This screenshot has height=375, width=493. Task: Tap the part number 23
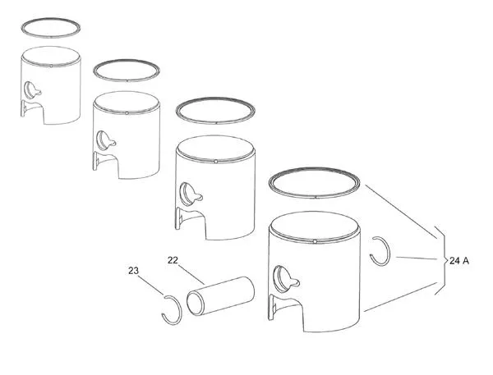pyautogui.click(x=133, y=270)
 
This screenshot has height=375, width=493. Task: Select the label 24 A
pyautogui.click(x=460, y=260)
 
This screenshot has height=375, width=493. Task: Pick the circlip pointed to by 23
pyautogui.click(x=169, y=307)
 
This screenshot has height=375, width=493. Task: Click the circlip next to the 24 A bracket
pyautogui.click(x=380, y=250)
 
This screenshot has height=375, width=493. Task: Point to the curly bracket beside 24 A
pyautogui.click(x=440, y=260)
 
